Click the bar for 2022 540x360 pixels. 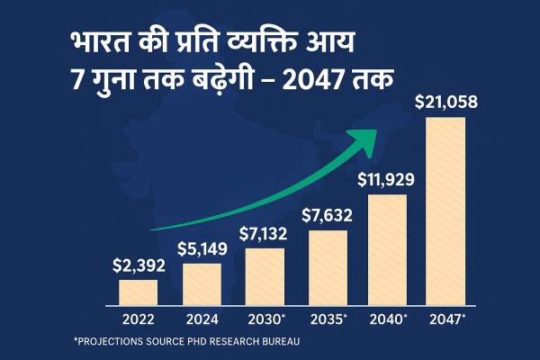(138, 292)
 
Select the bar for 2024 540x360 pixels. (202, 284)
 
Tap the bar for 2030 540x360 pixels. (265, 277)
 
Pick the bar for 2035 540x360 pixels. (328, 268)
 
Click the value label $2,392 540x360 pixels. (138, 266)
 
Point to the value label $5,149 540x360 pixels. (202, 249)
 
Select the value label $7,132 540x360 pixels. (265, 234)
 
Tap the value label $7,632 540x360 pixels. (327, 216)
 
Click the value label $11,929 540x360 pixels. (388, 178)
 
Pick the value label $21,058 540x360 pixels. (445, 103)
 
